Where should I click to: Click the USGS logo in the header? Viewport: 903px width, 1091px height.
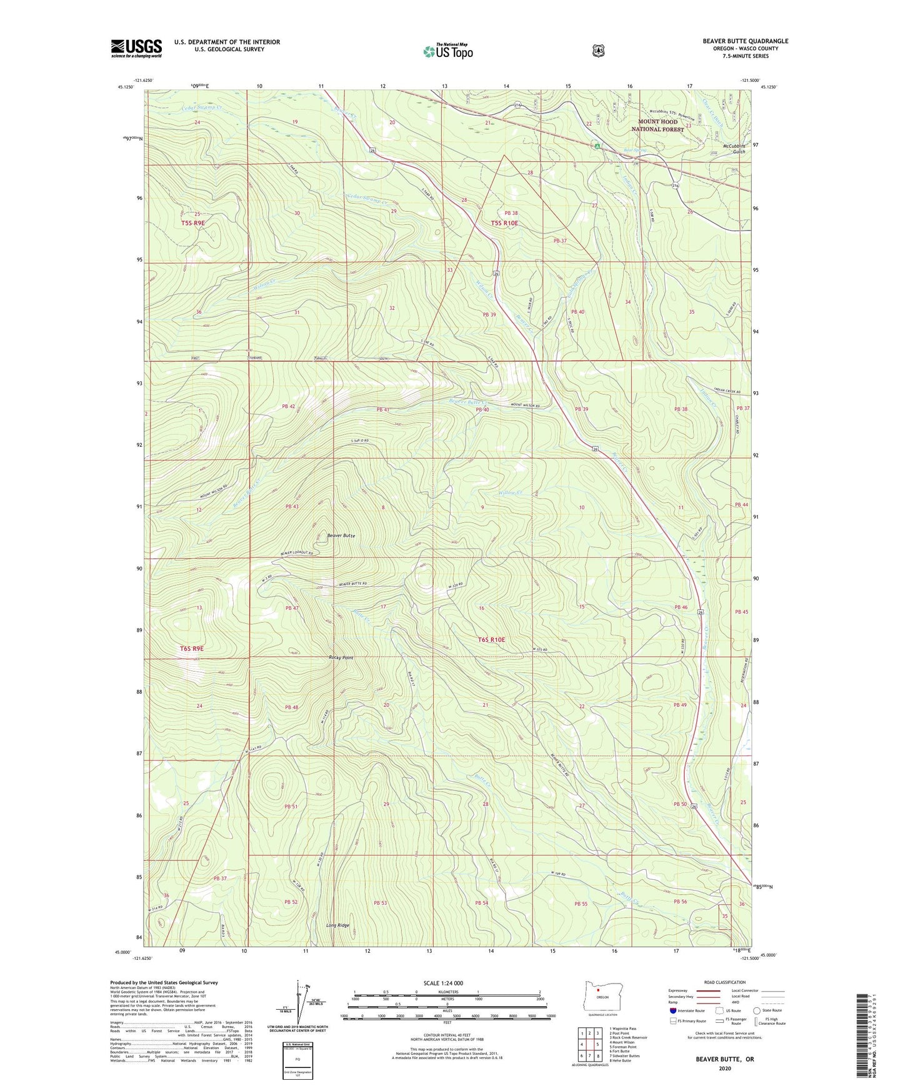pos(136,47)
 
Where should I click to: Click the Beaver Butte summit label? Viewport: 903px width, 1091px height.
pos(341,536)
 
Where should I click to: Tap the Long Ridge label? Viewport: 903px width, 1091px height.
pos(337,925)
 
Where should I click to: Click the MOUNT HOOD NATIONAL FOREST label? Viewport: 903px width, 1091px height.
pos(657,125)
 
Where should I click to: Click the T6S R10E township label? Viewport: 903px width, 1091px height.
pos(491,640)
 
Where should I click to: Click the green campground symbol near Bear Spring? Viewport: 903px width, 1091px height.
pos(597,146)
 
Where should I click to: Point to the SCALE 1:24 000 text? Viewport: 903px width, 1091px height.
pos(443,983)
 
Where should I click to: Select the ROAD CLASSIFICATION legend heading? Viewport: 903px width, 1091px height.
pos(724,982)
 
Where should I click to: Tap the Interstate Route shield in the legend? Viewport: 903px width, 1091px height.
pos(672,1010)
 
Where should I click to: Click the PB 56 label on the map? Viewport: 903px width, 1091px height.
pos(680,901)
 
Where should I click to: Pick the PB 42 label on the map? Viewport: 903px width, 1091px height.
pos(288,406)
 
